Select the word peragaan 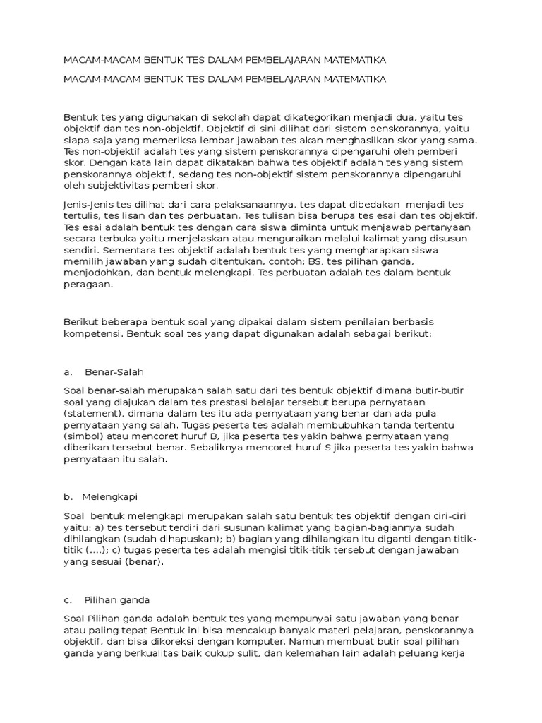pyautogui.click(x=87, y=285)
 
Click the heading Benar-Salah pyautogui.click(x=114, y=371)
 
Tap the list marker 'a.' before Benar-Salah pyautogui.click(x=68, y=371)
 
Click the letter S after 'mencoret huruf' pyautogui.click(x=349, y=448)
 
